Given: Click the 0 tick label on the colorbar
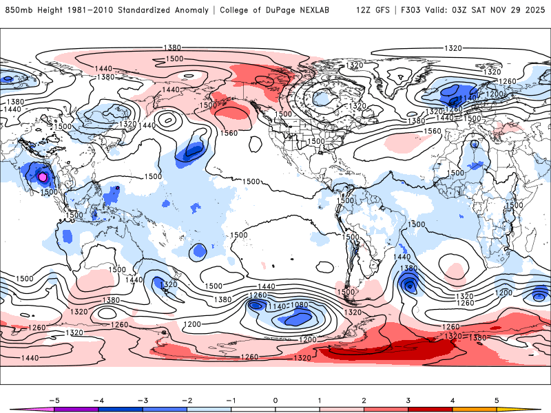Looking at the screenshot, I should coord(275,400).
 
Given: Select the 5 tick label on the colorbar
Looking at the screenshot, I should coord(497,400).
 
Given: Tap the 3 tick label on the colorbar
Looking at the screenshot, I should coord(408,400).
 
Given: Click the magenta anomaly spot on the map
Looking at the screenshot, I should coord(44,177).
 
